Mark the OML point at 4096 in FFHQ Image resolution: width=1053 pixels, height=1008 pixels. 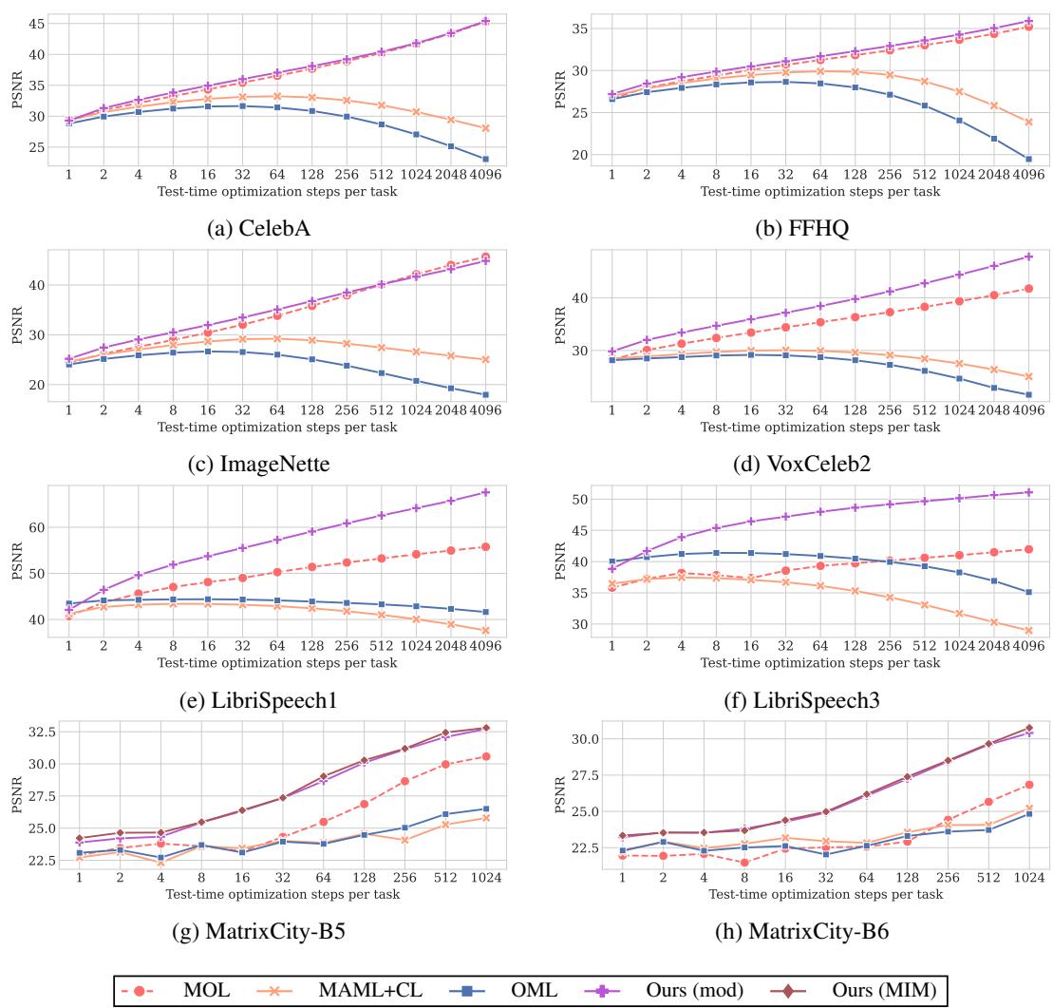(1028, 159)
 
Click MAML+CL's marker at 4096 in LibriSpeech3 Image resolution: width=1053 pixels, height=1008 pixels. (1028, 630)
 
